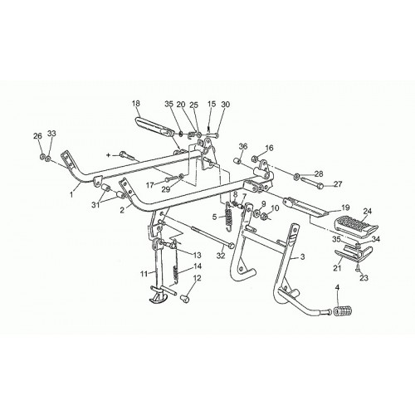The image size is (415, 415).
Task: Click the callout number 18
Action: (136, 104)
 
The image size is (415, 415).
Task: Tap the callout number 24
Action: (368, 212)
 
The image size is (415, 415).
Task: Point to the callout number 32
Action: (221, 256)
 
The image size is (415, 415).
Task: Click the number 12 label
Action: (197, 278)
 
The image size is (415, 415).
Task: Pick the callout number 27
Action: (338, 184)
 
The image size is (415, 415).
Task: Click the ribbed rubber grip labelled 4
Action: (344, 312)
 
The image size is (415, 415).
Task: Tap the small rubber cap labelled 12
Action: (184, 299)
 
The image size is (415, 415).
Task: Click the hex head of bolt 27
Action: (320, 187)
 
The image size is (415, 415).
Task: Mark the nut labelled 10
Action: (264, 216)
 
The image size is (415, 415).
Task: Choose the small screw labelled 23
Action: (356, 266)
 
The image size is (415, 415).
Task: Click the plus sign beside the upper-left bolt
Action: (109, 156)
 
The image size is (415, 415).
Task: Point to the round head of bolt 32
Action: (232, 245)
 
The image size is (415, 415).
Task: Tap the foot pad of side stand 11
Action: (159, 300)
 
